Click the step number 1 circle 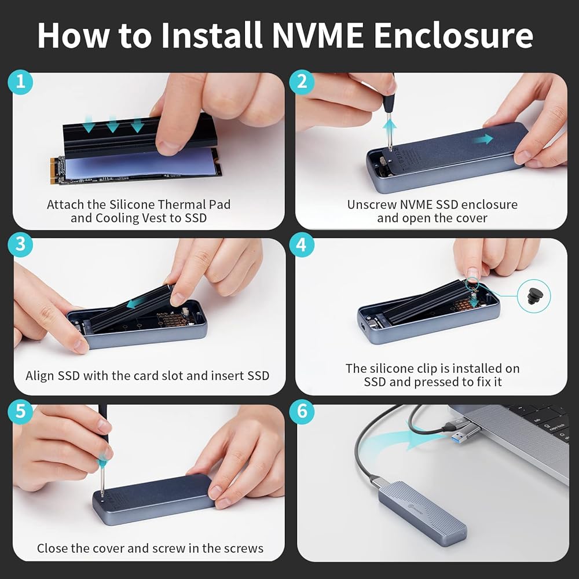click(x=20, y=82)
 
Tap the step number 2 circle click(x=302, y=82)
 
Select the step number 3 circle click(x=20, y=244)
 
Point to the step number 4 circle click(x=302, y=244)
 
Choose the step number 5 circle click(x=20, y=411)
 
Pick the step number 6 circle click(x=302, y=411)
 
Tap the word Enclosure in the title click(x=453, y=35)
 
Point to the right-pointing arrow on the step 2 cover click(x=484, y=139)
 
